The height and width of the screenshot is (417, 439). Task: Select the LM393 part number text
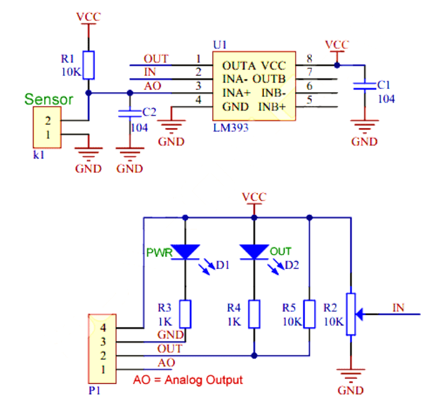[x=231, y=128]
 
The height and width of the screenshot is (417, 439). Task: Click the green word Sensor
[x=49, y=99]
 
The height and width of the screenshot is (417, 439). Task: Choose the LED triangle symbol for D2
[x=254, y=251]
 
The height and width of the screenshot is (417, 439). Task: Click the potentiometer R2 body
[x=351, y=314]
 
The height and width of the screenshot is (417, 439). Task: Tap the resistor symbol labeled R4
[x=254, y=314]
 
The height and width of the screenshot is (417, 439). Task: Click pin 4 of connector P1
[x=102, y=327]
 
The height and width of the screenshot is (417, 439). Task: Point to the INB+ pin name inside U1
[x=273, y=106]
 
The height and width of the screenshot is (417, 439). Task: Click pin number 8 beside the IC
[x=309, y=59]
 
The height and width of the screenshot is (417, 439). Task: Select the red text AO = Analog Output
[x=187, y=379]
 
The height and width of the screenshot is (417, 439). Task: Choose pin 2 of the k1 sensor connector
[x=47, y=120]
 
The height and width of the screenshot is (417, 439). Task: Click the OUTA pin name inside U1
[x=237, y=66]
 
